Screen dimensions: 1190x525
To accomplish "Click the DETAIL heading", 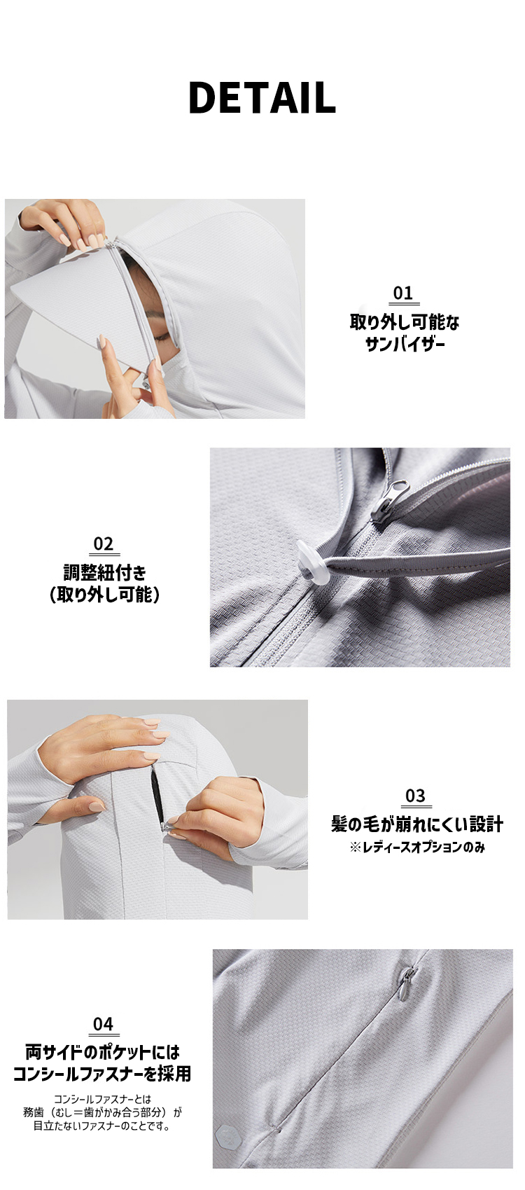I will (x=262, y=98).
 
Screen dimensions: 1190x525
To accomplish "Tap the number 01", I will (x=403, y=293).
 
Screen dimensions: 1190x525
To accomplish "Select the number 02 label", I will (x=103, y=544).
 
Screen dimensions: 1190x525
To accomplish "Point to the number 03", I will (x=415, y=796).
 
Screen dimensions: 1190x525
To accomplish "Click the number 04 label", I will (x=103, y=1024).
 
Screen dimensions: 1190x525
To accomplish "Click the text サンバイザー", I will (x=405, y=345).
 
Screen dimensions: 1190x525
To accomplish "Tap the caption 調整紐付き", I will (x=105, y=573).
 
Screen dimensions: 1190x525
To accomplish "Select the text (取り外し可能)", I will (x=105, y=595).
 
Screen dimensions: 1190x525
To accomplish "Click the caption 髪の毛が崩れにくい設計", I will (x=416, y=824).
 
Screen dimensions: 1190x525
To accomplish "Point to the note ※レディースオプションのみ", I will (x=417, y=847).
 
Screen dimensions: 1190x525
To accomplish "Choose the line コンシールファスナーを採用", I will (x=102, y=1074).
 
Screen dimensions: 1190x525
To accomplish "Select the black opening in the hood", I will (x=157, y=795).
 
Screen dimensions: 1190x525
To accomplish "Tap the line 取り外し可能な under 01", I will (x=405, y=323).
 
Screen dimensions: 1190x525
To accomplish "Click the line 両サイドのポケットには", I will (x=102, y=1052).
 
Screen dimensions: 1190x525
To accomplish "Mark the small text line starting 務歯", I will (x=102, y=1112).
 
